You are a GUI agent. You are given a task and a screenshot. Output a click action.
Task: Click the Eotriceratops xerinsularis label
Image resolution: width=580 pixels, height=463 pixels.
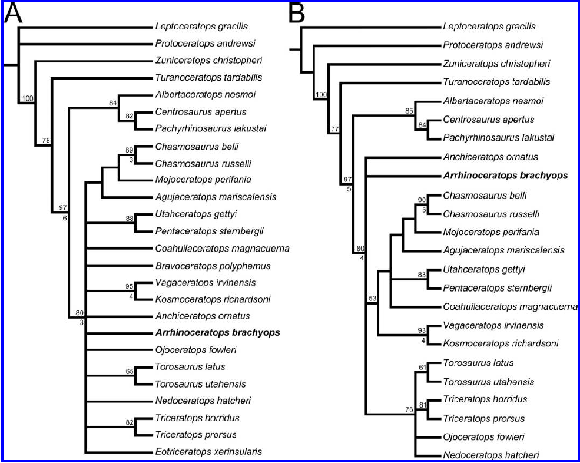pyautogui.click(x=208, y=452)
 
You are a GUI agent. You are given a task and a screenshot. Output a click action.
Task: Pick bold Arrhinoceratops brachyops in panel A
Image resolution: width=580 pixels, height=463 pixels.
pyautogui.click(x=217, y=333)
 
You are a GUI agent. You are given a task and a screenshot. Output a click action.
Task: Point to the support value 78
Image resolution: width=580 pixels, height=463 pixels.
pyautogui.click(x=45, y=140)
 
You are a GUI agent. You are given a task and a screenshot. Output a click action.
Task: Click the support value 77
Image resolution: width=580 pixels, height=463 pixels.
pyautogui.click(x=334, y=128)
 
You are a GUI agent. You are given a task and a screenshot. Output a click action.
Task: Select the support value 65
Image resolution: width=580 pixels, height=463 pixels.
pyautogui.click(x=130, y=371)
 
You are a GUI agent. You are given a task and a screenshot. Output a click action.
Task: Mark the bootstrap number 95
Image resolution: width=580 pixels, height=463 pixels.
pyautogui.click(x=130, y=286)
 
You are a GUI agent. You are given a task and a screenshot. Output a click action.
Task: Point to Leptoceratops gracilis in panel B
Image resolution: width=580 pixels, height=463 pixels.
pyautogui.click(x=489, y=27)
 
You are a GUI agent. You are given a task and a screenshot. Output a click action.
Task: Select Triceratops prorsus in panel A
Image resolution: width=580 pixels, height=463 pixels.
pyautogui.click(x=196, y=435)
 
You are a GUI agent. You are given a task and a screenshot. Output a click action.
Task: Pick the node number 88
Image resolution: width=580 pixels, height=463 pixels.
pyautogui.click(x=130, y=219)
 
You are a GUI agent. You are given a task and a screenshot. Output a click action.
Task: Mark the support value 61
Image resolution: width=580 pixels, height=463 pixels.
pyautogui.click(x=422, y=368)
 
